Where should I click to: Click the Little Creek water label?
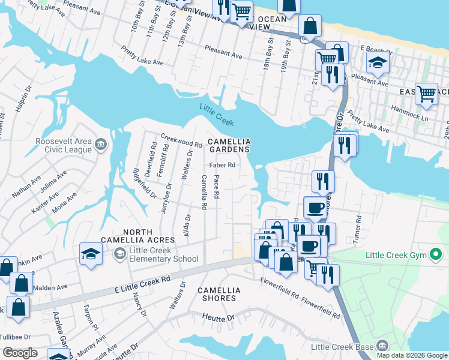tap(214, 109)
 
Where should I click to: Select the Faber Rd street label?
tap(221, 165)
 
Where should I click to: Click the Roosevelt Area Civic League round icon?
tap(101, 145)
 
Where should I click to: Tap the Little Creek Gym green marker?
tap(437, 256)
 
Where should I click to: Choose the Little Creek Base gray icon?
tap(382, 346)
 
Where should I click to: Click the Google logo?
tap(20, 353)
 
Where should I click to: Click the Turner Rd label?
tap(358, 225)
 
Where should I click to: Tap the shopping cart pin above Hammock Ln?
tap(426, 93)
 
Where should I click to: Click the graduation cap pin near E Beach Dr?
tap(377, 62)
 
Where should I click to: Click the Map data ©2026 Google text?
tap(412, 355)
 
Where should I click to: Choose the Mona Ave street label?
tap(64, 203)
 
